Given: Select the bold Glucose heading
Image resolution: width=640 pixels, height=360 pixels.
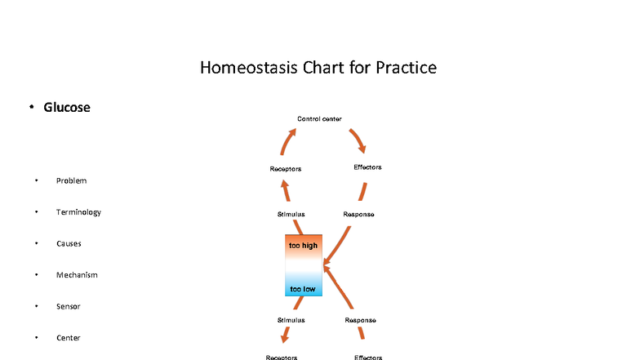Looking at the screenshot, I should click(67, 107).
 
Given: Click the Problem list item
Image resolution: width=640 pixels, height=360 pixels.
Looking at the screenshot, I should click(71, 180).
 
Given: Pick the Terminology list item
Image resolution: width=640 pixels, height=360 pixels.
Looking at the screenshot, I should click(78, 212).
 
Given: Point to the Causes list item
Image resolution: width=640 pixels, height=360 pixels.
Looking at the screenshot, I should click(69, 243).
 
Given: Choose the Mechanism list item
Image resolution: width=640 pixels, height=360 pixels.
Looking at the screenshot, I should click(77, 275).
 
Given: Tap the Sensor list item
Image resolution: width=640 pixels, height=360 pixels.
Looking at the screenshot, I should click(68, 306).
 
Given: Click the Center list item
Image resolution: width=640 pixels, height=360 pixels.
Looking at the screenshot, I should click(68, 338).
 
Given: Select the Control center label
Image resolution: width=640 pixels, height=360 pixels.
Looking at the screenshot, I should click(319, 119).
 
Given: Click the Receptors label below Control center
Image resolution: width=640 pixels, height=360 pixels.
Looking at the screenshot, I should click(286, 169).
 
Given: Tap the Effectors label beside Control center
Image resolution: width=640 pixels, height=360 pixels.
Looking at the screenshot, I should click(367, 167).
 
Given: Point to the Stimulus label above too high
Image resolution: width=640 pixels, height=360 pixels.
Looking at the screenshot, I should click(291, 214).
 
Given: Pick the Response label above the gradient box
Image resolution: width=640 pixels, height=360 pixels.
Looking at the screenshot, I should click(359, 214).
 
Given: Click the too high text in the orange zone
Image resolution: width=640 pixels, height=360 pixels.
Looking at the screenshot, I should click(304, 245).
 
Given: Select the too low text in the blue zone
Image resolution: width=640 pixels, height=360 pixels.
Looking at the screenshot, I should click(303, 289).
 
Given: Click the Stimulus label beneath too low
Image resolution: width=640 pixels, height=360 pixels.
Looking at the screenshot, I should click(291, 320).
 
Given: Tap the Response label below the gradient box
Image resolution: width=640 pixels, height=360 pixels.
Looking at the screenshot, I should click(360, 320).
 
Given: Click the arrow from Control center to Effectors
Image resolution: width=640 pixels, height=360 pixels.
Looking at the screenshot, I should click(358, 140).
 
